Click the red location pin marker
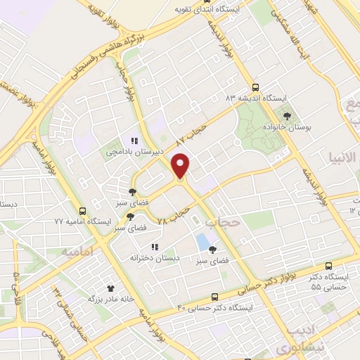pyautogui.click(x=181, y=167)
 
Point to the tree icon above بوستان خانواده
pyautogui.click(x=286, y=116)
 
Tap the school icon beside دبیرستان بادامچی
pyautogui.click(x=134, y=141)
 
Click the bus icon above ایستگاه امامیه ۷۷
pyautogui.click(x=83, y=211)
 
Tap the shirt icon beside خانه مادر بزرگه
pyautogui.click(x=110, y=288)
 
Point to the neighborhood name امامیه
pyautogui.click(x=77, y=250)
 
